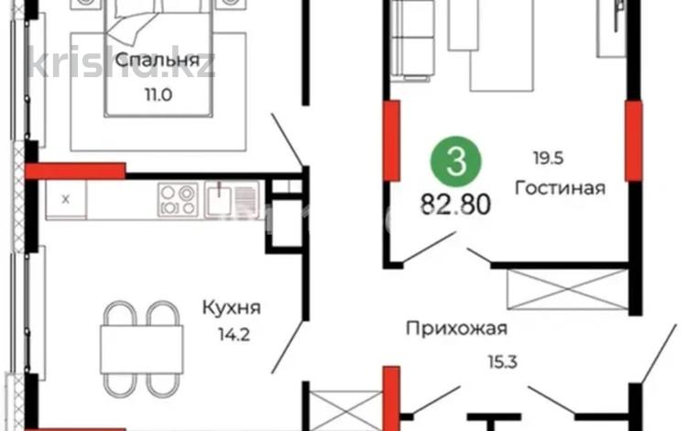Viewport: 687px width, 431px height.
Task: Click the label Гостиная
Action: [560, 188]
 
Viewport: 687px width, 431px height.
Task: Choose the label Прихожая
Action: [457, 326]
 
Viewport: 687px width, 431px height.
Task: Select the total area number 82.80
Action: [455, 202]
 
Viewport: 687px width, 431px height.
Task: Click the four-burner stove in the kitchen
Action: [178, 197]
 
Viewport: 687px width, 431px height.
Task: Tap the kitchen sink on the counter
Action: [223, 197]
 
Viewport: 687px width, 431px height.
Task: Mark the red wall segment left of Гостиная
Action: [391, 139]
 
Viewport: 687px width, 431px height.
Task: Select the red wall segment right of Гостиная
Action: [633, 139]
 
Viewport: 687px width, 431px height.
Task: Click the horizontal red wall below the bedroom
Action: [75, 170]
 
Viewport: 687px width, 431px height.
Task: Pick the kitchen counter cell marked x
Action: [65, 198]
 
